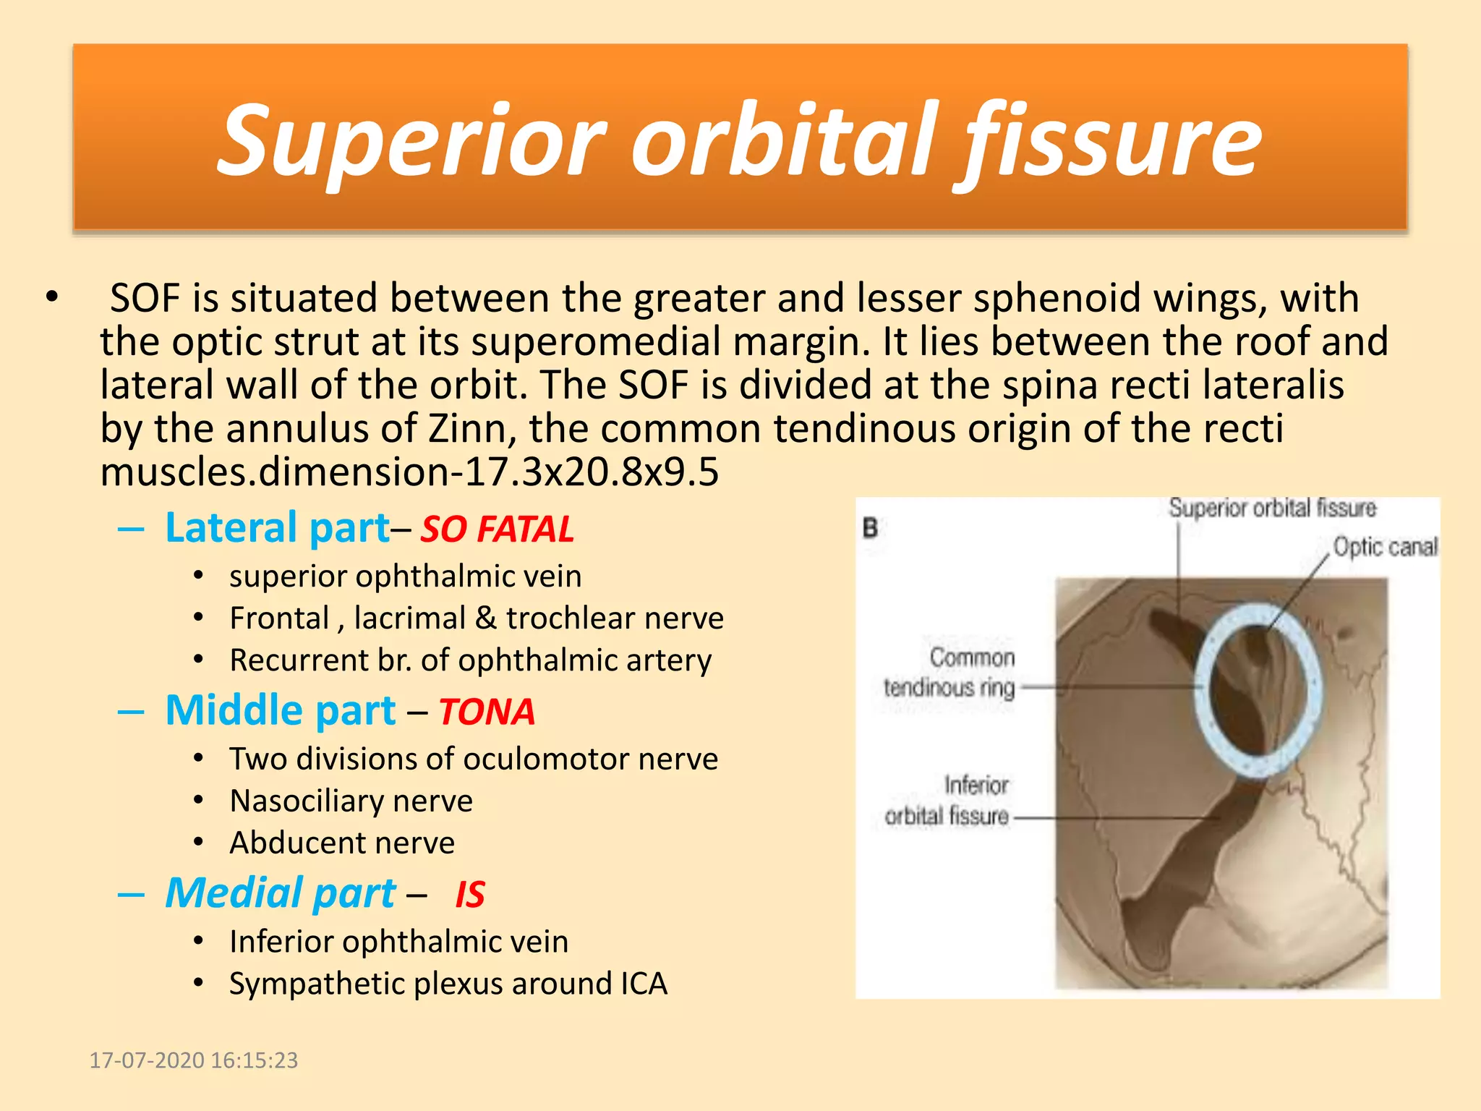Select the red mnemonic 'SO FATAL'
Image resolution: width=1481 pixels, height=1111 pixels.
pyautogui.click(x=498, y=529)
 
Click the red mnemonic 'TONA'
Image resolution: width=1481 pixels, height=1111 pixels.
pyautogui.click(x=487, y=712)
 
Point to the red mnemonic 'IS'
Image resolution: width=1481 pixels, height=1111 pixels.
pyautogui.click(x=470, y=895)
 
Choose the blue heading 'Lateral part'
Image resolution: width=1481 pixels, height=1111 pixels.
pyautogui.click(x=278, y=527)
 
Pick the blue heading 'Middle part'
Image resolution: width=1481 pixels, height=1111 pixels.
pyautogui.click(x=281, y=710)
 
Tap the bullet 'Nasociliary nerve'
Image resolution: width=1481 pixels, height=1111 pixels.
pyautogui.click(x=351, y=801)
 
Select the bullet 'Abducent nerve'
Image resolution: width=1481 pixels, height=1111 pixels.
pyautogui.click(x=342, y=843)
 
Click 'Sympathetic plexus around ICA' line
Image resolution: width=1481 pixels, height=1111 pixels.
pyautogui.click(x=448, y=984)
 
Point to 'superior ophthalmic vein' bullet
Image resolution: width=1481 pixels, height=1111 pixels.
pyautogui.click(x=405, y=576)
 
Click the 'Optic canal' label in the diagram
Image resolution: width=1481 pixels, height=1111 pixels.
pyautogui.click(x=1384, y=547)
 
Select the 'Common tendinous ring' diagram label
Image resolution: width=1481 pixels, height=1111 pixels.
pyautogui.click(x=949, y=673)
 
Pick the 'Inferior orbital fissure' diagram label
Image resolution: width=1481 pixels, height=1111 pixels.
pyautogui.click(x=947, y=801)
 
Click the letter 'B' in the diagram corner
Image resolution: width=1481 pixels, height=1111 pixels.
pyautogui.click(x=871, y=528)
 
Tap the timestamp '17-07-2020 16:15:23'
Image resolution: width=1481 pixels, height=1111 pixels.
pyautogui.click(x=193, y=1060)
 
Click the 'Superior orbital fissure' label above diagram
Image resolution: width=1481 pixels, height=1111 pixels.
pyautogui.click(x=1272, y=508)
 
